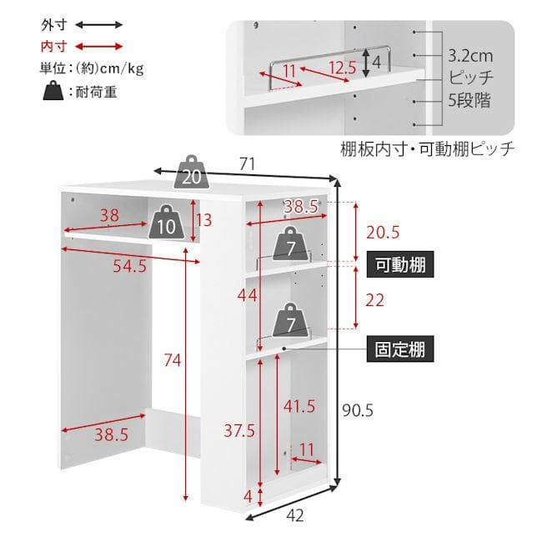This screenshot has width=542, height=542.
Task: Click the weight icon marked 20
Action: point(191,172)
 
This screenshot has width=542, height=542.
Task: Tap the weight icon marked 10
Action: point(166,222)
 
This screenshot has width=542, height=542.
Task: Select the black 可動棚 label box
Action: point(400,265)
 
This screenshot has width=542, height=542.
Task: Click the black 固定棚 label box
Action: point(400,349)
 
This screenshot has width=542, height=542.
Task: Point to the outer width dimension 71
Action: point(247,163)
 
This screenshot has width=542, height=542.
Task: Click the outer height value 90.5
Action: point(358,410)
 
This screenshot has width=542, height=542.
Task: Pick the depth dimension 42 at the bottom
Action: point(295,515)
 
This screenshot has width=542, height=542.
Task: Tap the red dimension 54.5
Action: point(129,266)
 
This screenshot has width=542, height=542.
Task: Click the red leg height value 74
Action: point(172,360)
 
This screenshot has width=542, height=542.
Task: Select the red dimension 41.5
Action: point(299,406)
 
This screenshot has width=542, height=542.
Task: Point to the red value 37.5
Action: point(239,431)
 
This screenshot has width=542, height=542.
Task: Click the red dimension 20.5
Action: point(383,233)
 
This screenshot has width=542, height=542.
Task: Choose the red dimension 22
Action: point(374,300)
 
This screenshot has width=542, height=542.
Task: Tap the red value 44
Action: point(247,295)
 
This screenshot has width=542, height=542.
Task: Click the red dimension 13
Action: point(204,220)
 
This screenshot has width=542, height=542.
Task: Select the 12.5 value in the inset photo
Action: point(342,68)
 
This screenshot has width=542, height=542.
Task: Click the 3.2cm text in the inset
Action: point(470,56)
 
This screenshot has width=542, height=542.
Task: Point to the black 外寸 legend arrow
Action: point(99,24)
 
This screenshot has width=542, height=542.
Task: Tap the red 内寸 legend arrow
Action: point(99,47)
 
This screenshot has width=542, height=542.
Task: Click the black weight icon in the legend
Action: point(53,91)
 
